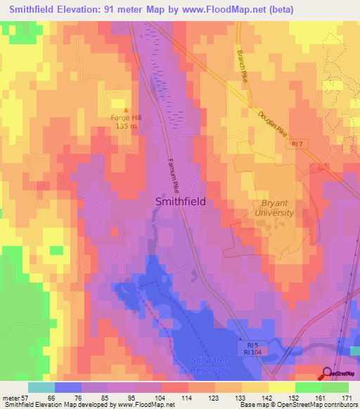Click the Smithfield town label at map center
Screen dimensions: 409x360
coord(180,201)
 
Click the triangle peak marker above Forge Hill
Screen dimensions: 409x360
coord(127,110)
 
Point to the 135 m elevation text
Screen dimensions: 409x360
coord(127,127)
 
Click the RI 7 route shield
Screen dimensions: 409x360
coord(297,144)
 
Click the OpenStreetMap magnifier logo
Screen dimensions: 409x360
coord(328,373)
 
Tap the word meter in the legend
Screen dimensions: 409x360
coord(11,397)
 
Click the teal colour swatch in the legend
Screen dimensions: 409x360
coord(41,387)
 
